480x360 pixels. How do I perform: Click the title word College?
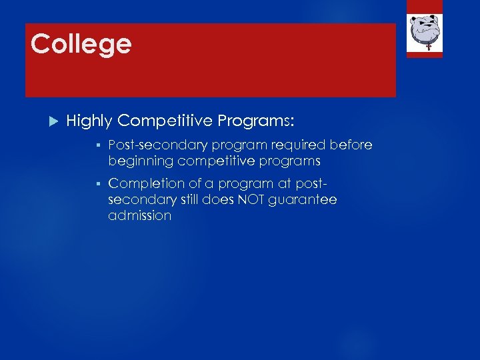(81, 45)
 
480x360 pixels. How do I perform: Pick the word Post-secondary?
(157, 145)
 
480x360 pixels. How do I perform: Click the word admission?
(139, 216)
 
